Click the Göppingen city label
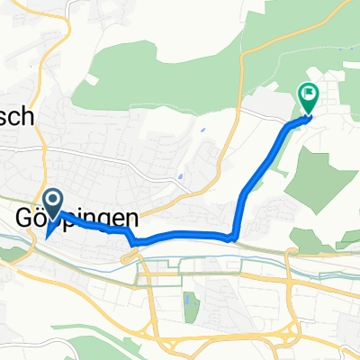(x=79, y=219)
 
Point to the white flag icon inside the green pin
(x=308, y=92)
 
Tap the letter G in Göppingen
(x=26, y=219)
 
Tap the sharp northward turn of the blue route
(x=236, y=236)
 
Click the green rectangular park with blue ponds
(x=189, y=307)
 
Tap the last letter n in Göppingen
(x=132, y=219)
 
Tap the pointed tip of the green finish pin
(x=308, y=113)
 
